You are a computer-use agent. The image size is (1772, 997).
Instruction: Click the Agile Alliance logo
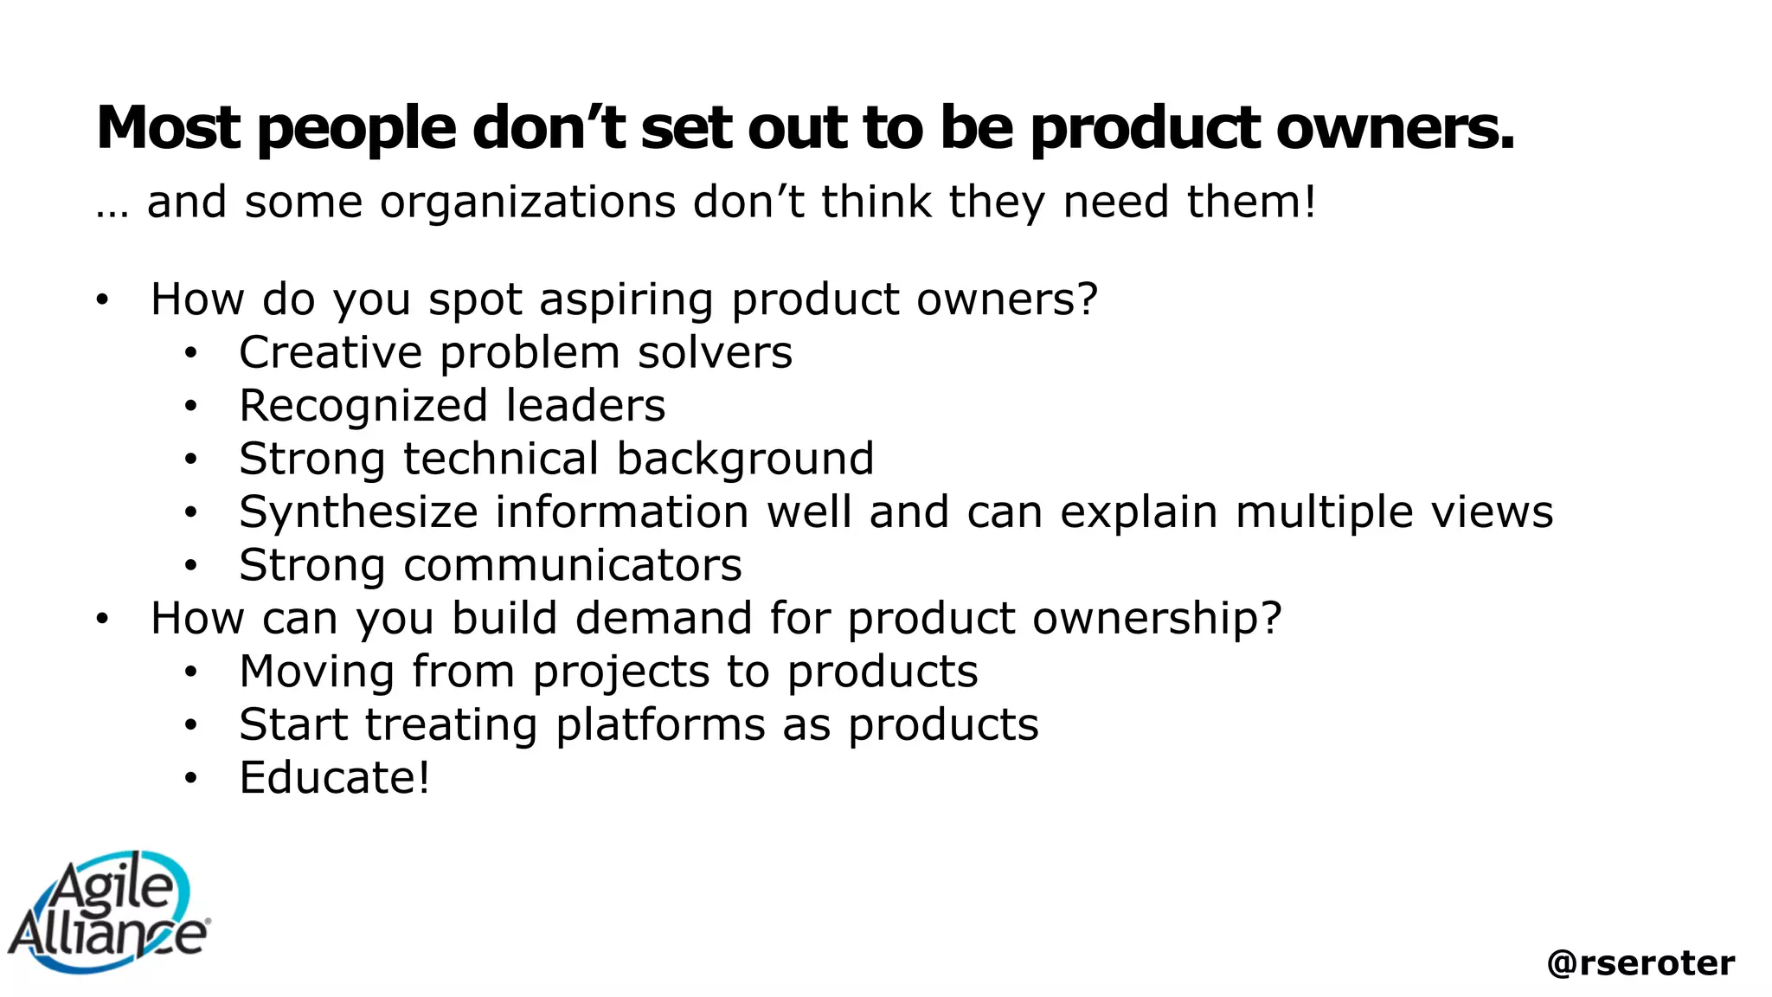pos(108,912)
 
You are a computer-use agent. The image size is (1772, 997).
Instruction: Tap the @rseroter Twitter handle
pos(1640,962)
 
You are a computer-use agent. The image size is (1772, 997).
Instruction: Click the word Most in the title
pos(168,128)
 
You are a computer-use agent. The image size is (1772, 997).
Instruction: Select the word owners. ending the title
pos(1396,128)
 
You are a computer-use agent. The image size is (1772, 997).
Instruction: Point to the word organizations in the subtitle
pos(527,203)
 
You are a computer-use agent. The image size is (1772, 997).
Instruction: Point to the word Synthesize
pos(358,512)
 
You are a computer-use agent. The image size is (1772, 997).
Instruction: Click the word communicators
pos(572,565)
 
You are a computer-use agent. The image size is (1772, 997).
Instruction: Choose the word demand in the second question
pos(664,619)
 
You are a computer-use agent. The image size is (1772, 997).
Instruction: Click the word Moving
pos(317,672)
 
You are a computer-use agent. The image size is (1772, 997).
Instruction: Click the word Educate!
pos(334,778)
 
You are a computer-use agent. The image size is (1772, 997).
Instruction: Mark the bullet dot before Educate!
pos(191,778)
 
